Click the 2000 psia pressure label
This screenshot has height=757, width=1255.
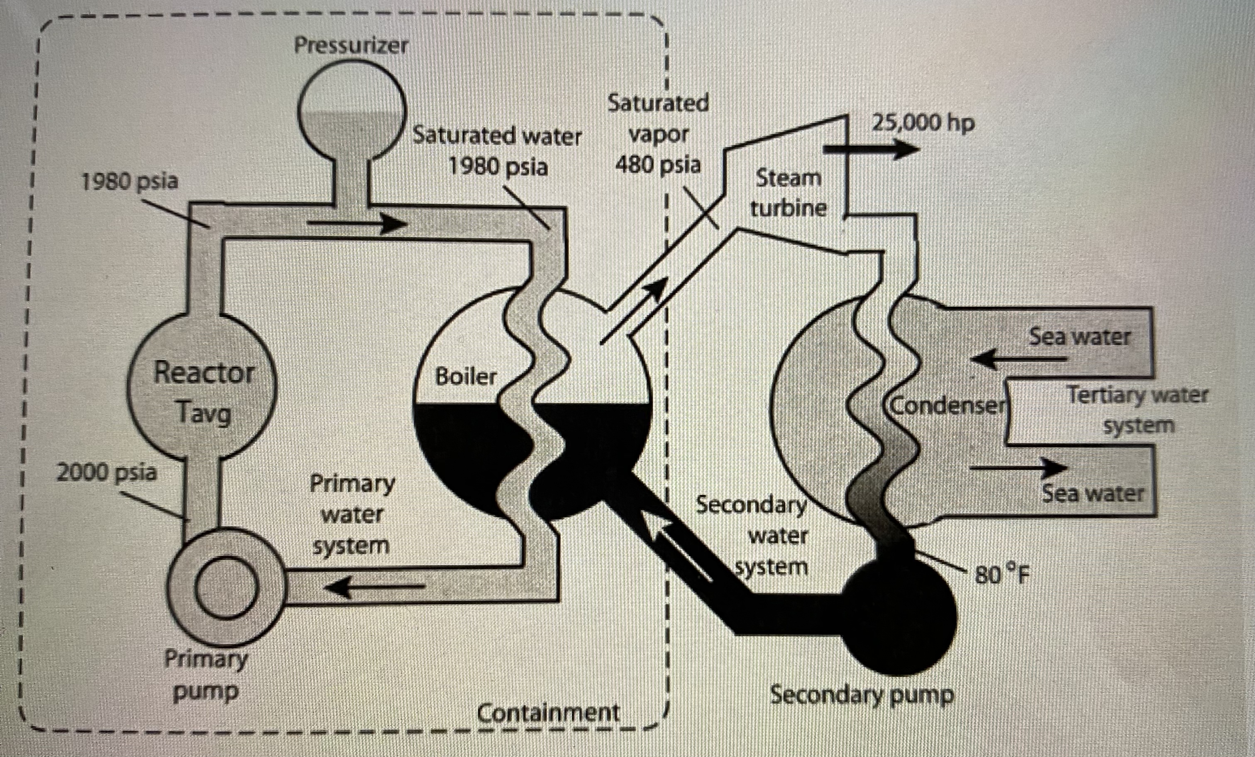pyautogui.click(x=106, y=472)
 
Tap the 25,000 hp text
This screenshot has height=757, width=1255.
pyautogui.click(x=923, y=123)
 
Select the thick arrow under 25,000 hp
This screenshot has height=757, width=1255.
pyautogui.click(x=871, y=149)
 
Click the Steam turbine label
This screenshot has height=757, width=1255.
pyautogui.click(x=788, y=193)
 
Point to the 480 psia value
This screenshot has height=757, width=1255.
pyautogui.click(x=658, y=165)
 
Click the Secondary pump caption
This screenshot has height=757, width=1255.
pyautogui.click(x=862, y=695)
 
